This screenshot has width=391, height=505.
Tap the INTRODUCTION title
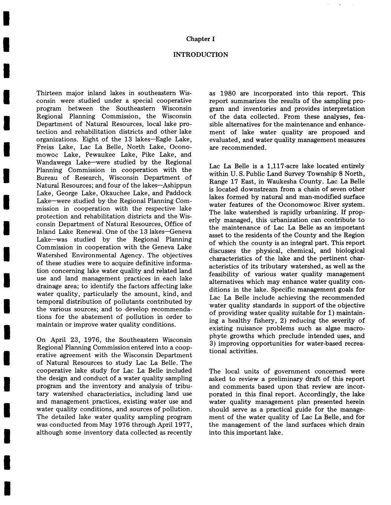coord(200,55)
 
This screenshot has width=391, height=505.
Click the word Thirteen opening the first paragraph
coord(49,93)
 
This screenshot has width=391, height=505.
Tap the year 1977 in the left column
coord(184,425)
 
